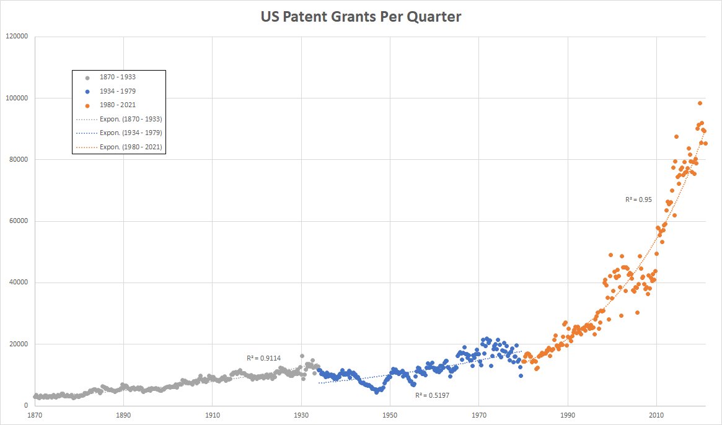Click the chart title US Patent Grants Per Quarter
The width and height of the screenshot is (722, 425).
pos(361,17)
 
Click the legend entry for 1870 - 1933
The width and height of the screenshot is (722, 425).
pos(117,77)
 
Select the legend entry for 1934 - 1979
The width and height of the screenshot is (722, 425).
pos(117,91)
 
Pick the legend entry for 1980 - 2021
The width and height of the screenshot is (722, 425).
pos(117,105)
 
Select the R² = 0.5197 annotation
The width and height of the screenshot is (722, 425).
pos(431,395)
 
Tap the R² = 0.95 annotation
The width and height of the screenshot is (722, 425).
pos(638,199)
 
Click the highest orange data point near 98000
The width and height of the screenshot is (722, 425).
pos(700,103)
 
